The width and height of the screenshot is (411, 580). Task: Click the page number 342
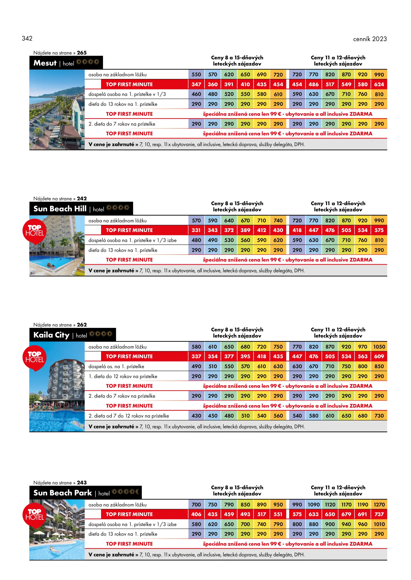(27, 38)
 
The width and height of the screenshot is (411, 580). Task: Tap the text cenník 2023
(370, 39)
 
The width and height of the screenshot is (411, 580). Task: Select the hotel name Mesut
(45, 63)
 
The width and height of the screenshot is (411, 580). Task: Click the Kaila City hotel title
(51, 335)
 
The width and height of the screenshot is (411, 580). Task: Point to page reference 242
(82, 199)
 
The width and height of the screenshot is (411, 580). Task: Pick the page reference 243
(82, 483)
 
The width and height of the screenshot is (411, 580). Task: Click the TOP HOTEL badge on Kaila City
(35, 357)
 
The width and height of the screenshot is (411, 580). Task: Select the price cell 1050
(379, 347)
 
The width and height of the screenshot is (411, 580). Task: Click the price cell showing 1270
(379, 505)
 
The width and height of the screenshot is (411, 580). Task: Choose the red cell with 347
(196, 84)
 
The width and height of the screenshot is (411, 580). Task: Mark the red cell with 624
(379, 84)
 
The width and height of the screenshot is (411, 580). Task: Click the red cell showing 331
(196, 230)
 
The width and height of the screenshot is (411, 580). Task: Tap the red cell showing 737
(379, 514)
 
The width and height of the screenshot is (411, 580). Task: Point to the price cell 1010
(379, 524)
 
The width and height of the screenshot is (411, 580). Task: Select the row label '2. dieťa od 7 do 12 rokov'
(129, 416)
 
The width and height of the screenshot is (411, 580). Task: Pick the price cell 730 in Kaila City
(379, 416)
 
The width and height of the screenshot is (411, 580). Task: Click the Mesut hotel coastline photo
(57, 110)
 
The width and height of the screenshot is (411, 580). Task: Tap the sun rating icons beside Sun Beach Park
(125, 492)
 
